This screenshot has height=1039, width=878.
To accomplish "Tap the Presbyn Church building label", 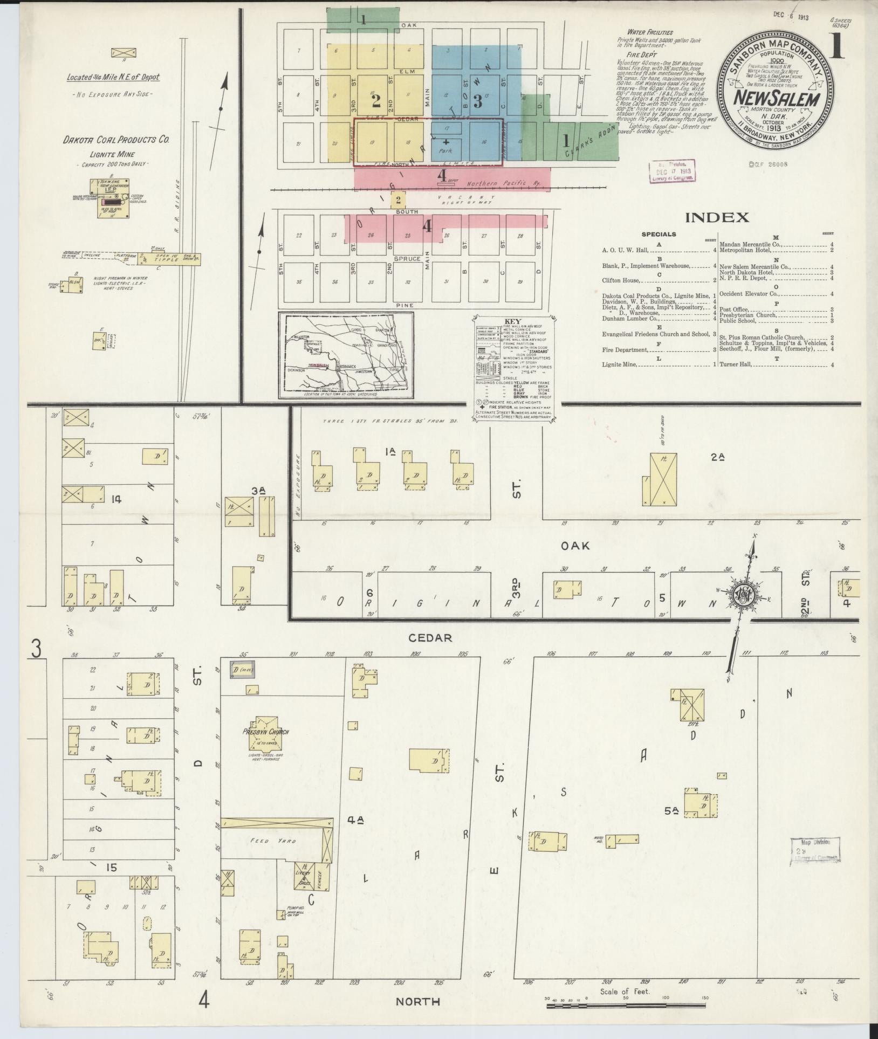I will (x=265, y=732).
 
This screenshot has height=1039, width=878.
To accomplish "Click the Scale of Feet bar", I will (x=626, y=1006).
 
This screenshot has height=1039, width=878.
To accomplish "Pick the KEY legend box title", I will (x=509, y=320).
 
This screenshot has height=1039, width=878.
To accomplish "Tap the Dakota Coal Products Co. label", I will (x=116, y=139).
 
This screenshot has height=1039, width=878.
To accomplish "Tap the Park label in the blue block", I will (x=445, y=151).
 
